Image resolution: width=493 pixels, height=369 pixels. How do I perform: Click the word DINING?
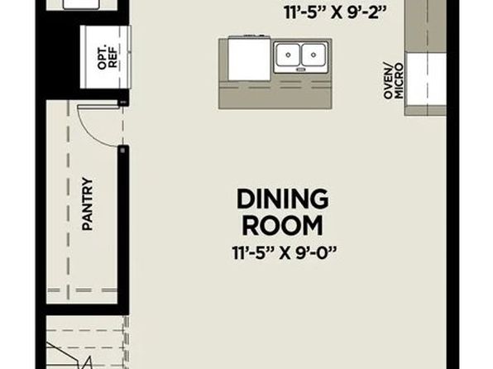pos(283,199)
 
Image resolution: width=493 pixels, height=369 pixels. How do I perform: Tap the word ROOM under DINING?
pos(283,226)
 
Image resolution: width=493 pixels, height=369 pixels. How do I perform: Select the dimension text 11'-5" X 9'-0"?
pos(285,252)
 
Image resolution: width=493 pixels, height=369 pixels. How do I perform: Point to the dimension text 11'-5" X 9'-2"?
pos(335,13)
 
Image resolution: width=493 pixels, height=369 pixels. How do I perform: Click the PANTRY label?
pos(88,204)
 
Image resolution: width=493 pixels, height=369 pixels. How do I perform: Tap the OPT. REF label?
pos(108,58)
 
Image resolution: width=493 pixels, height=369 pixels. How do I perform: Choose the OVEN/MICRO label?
pos(393,81)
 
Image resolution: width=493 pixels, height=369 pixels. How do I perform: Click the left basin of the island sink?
pos(288,55)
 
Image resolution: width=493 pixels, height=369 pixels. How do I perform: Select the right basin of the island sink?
pos(314,55)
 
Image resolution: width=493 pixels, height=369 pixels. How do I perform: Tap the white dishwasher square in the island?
pos(249,60)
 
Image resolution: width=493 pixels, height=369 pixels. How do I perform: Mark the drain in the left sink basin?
pos(288,55)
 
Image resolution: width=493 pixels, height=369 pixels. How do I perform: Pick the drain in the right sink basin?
pos(314,55)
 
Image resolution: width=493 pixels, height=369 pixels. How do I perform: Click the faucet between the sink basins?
pos(300,69)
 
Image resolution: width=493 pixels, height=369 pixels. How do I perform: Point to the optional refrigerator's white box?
pos(105,57)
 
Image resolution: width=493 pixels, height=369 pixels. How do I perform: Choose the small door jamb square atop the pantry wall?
pos(123,151)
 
